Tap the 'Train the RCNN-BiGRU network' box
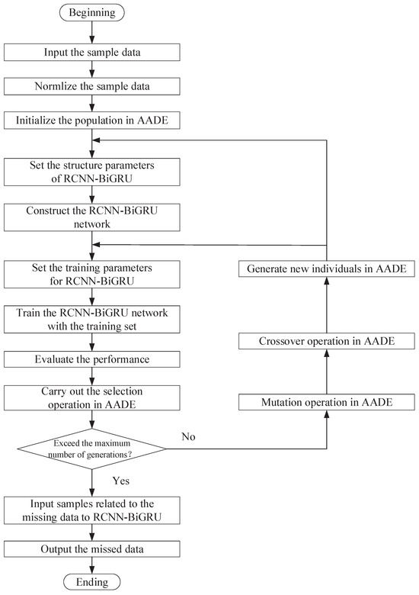tap(91, 322)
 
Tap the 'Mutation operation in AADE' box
tap(326, 402)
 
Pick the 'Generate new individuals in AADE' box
tap(326, 269)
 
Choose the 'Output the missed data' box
tap(91, 548)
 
